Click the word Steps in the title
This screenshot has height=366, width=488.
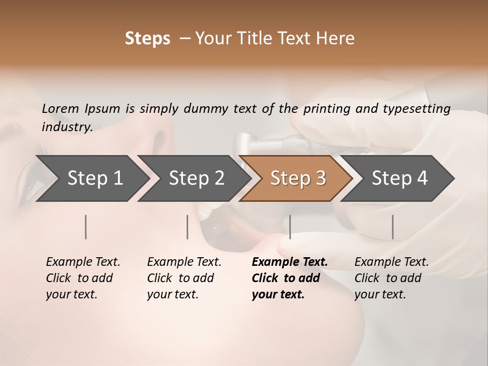pos(147,39)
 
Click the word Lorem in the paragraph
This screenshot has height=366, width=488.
pos(60,108)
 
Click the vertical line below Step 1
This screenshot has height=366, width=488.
pos(86,227)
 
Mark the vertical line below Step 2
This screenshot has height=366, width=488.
pos(188,227)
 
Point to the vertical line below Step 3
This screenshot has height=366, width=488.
pos(290,227)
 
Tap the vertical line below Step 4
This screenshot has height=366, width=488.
pos(392,227)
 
